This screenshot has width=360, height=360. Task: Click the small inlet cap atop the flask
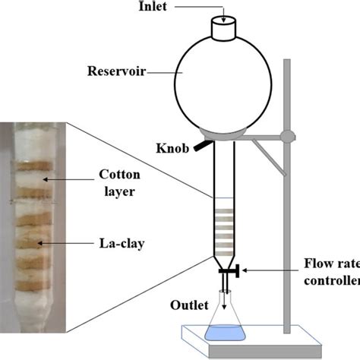pyautogui.click(x=223, y=29)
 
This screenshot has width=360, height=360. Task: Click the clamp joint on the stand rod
pyautogui.click(x=287, y=137)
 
